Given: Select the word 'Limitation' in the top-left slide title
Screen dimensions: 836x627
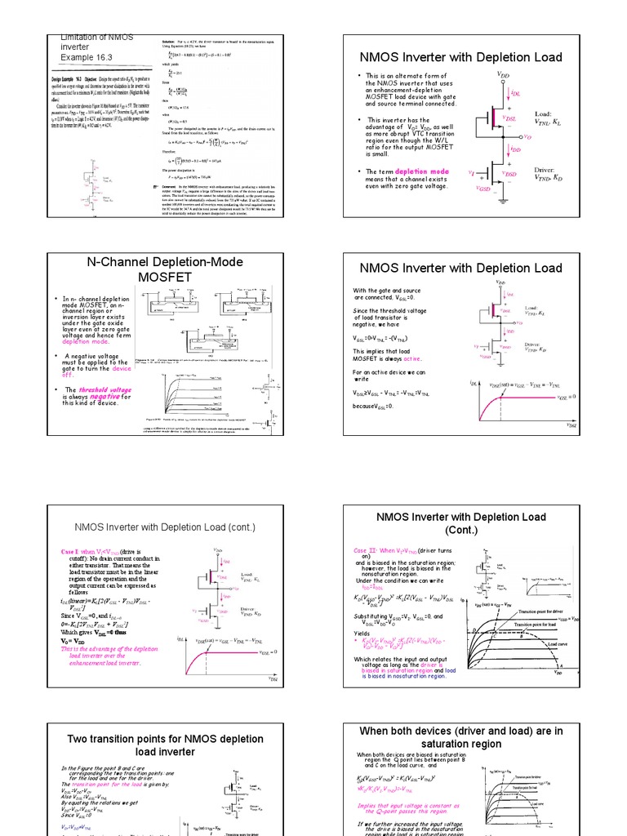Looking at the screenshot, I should (x=81, y=38).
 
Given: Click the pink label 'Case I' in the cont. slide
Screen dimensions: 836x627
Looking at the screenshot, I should (x=73, y=552).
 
